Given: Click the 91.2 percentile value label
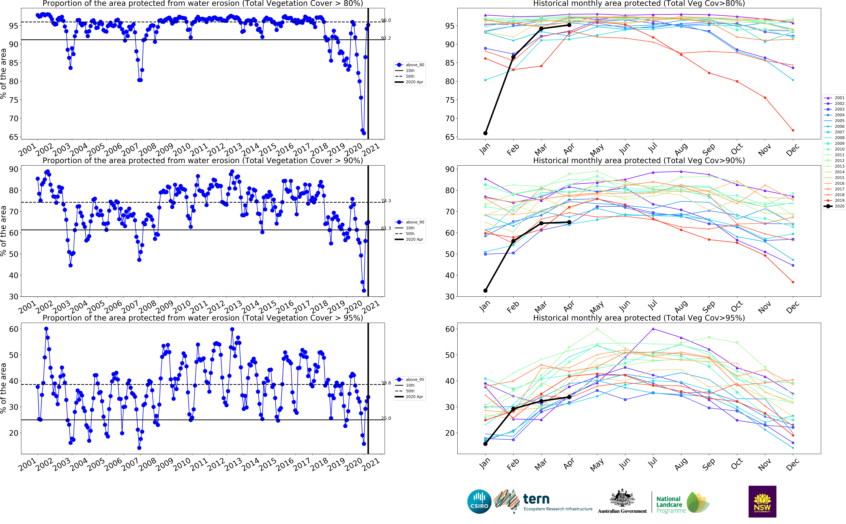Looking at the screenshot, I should [386, 38].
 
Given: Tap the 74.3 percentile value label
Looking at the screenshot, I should [386, 201].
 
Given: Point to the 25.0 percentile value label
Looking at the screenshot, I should [386, 418].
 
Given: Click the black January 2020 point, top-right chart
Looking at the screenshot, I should [485, 133].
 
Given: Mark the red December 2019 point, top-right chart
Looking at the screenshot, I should [793, 130].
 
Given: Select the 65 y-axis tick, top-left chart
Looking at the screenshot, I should [14, 137].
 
